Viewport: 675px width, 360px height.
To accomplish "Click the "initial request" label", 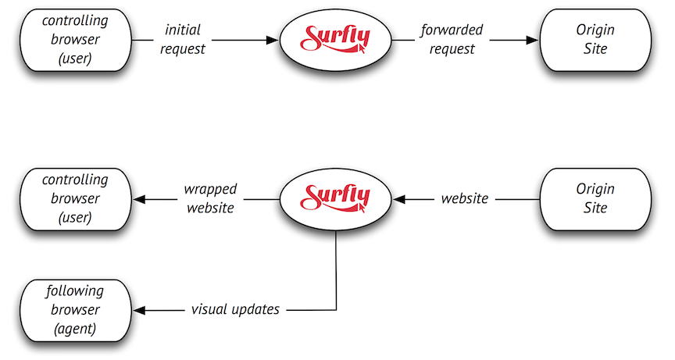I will (184, 39).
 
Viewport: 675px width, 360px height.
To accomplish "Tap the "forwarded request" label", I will (452, 39).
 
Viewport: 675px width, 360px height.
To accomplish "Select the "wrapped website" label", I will (210, 199).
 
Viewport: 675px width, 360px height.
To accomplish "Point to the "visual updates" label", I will (235, 309).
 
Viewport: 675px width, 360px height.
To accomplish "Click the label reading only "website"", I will (465, 198).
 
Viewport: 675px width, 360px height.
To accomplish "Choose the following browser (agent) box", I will (74, 310).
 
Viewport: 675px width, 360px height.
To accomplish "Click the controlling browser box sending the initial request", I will (74, 39).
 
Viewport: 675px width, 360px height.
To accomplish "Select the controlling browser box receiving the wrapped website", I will (74, 199).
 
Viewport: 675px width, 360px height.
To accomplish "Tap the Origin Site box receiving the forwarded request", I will (595, 39).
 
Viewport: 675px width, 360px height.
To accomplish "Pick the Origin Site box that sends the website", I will (595, 199).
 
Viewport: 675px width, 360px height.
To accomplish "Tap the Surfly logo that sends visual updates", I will (335, 198).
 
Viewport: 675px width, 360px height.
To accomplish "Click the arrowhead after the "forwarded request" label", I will (535, 39).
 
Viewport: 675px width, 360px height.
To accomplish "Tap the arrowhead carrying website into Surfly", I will (399, 199).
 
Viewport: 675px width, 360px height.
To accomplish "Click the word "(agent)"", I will (74, 329).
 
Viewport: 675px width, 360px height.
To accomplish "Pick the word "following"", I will (74, 291).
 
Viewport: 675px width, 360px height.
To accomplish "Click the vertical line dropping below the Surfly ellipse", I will (336, 269).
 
